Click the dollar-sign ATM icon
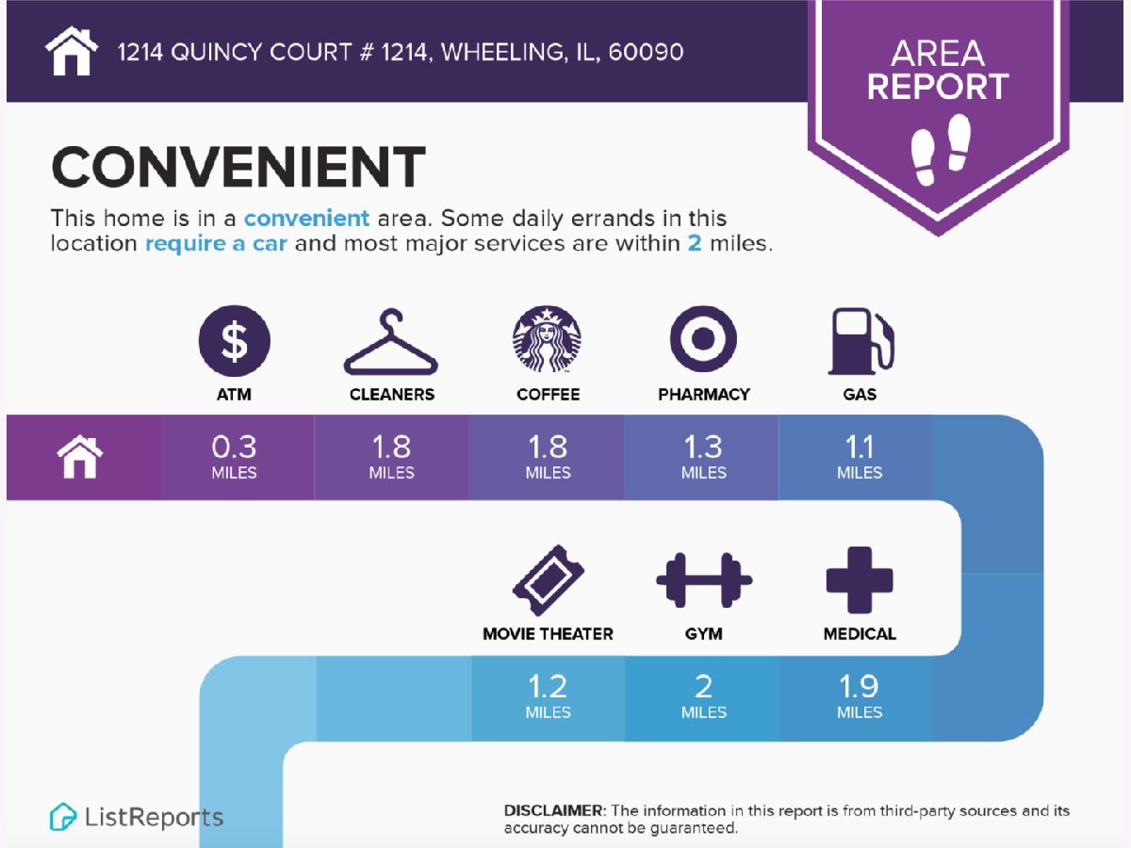point(235,340)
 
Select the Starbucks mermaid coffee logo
point(547,339)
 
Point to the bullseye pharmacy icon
point(703,339)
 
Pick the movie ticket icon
point(549,580)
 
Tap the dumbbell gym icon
point(704,580)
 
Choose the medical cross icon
point(860,580)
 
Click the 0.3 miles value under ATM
point(234,456)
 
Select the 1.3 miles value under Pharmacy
point(704,456)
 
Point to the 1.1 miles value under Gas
point(860,456)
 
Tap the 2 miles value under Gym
point(704,695)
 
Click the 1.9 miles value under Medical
point(860,695)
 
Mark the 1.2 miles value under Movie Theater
point(548,695)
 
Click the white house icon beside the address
point(71,51)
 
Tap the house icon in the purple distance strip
point(80,456)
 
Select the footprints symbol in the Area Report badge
point(941,149)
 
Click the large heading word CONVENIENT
point(238,167)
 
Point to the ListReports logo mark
point(63,817)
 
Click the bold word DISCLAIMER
point(553,810)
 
